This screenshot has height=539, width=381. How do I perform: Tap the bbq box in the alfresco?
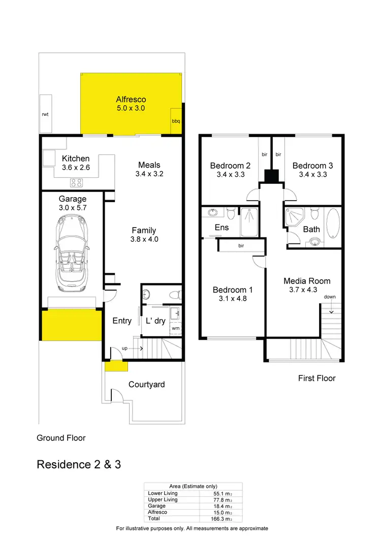point(176,121)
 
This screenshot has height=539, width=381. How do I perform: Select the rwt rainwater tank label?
point(45,115)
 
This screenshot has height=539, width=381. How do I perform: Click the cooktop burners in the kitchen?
point(76,183)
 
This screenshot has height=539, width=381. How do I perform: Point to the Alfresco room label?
point(131,100)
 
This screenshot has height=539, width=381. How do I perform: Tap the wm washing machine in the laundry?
point(175,328)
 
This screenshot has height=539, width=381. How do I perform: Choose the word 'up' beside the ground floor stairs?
point(124,348)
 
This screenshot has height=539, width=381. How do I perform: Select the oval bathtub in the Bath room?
point(333,224)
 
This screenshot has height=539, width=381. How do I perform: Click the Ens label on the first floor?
point(221,228)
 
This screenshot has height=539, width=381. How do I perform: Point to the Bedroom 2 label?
point(230,166)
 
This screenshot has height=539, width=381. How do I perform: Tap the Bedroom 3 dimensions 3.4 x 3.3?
point(312,174)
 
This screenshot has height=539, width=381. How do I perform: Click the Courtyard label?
point(146,385)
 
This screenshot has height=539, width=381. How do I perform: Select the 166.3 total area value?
point(218,519)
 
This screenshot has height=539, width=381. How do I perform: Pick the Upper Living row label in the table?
point(163,500)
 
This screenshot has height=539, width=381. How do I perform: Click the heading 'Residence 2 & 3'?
point(79,464)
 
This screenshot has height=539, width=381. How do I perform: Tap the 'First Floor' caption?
point(316,378)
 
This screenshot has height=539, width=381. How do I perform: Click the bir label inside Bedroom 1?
point(241,246)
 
